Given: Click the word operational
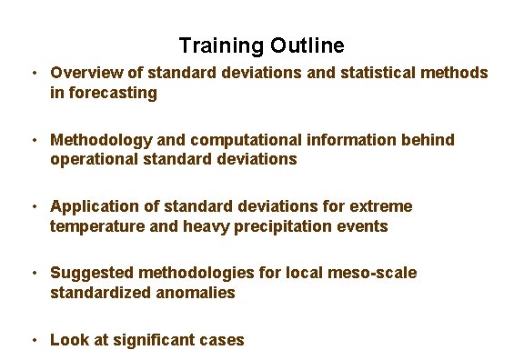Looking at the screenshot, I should (x=95, y=159).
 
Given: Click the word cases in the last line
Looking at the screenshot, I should (x=224, y=340).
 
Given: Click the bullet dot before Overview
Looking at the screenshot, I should (x=32, y=72).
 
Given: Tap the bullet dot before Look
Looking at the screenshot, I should (x=32, y=340).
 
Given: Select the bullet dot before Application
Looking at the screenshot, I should (x=32, y=206).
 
